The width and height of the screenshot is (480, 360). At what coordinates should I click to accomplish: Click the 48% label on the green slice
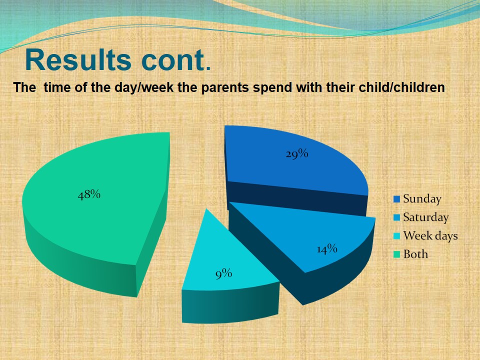point(89,195)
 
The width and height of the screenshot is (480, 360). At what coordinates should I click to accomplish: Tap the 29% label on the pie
point(296,154)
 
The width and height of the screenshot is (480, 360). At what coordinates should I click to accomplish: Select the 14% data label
point(327,249)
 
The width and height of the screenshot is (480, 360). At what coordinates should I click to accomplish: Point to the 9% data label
point(224,273)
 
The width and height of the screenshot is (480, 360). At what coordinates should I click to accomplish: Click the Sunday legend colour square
point(396,199)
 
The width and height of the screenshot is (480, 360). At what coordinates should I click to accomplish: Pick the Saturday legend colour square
point(396,218)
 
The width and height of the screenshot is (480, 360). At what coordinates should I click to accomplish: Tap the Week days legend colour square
point(396,236)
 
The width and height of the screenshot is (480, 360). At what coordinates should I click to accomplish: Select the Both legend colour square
point(396,254)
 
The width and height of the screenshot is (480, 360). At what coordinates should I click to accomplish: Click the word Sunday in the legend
point(422,199)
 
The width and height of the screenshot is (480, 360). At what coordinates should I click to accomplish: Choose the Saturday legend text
point(425,217)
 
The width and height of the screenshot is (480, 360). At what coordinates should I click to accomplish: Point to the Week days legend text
point(430,235)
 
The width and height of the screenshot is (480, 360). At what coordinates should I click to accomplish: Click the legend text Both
point(415,254)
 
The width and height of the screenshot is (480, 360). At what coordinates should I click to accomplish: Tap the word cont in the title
point(170,60)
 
